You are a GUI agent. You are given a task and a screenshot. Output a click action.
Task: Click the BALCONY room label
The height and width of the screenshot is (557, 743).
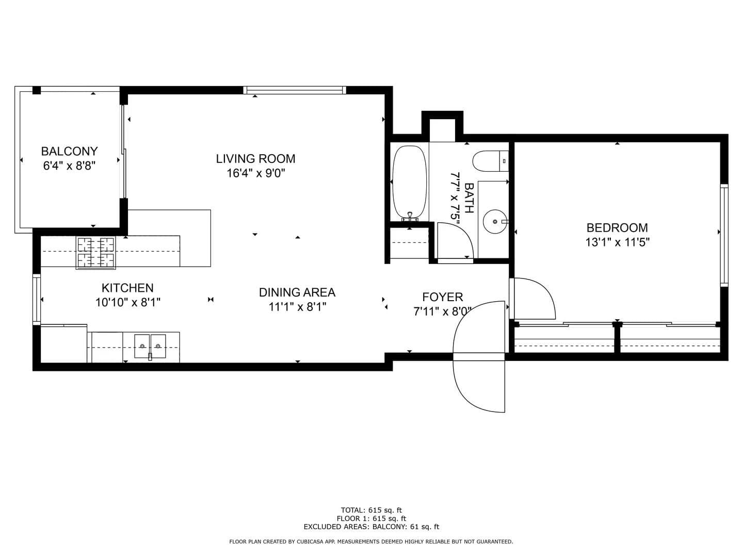pyautogui.click(x=69, y=151)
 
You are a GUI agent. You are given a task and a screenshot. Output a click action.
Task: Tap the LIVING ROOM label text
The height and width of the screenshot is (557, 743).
pyautogui.click(x=255, y=159)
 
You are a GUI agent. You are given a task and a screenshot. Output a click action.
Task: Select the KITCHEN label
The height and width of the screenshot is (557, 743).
pyautogui.click(x=127, y=288)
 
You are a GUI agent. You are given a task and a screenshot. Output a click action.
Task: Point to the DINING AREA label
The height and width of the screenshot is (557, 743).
pyautogui.click(x=297, y=292)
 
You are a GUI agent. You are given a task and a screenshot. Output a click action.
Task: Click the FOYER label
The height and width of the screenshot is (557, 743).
pyautogui.click(x=442, y=297)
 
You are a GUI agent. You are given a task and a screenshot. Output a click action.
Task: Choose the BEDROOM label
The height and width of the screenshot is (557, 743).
pyautogui.click(x=617, y=227)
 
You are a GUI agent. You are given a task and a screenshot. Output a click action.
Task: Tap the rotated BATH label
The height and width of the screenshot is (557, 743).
pyautogui.click(x=469, y=198)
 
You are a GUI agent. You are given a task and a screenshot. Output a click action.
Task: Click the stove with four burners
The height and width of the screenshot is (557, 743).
pyautogui.click(x=96, y=253)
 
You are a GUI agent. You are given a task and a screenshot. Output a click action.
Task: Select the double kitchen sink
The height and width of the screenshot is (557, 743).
pyautogui.click(x=150, y=346)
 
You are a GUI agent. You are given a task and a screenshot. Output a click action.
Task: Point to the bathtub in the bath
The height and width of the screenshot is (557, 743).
pyautogui.click(x=409, y=183)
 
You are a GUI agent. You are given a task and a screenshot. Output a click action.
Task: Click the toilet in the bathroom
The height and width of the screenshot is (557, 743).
pyautogui.click(x=491, y=161)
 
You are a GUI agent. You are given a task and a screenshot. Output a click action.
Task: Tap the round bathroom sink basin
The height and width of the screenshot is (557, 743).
pyautogui.click(x=495, y=222)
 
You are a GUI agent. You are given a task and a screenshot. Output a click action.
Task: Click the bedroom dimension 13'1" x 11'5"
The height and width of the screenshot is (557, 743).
pyautogui.click(x=617, y=242)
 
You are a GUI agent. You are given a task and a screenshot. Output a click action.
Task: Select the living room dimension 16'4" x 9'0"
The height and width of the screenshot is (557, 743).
pyautogui.click(x=255, y=173)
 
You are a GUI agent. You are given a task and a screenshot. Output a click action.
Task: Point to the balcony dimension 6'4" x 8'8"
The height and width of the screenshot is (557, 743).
pyautogui.click(x=69, y=166)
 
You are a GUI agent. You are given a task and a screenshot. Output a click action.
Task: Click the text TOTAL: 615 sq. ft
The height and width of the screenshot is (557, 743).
pyautogui.click(x=372, y=510)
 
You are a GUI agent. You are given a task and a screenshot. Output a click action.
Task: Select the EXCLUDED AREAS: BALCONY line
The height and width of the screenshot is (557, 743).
pyautogui.click(x=372, y=527)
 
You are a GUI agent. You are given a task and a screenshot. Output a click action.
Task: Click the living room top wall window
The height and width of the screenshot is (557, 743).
pyautogui.click(x=295, y=90)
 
